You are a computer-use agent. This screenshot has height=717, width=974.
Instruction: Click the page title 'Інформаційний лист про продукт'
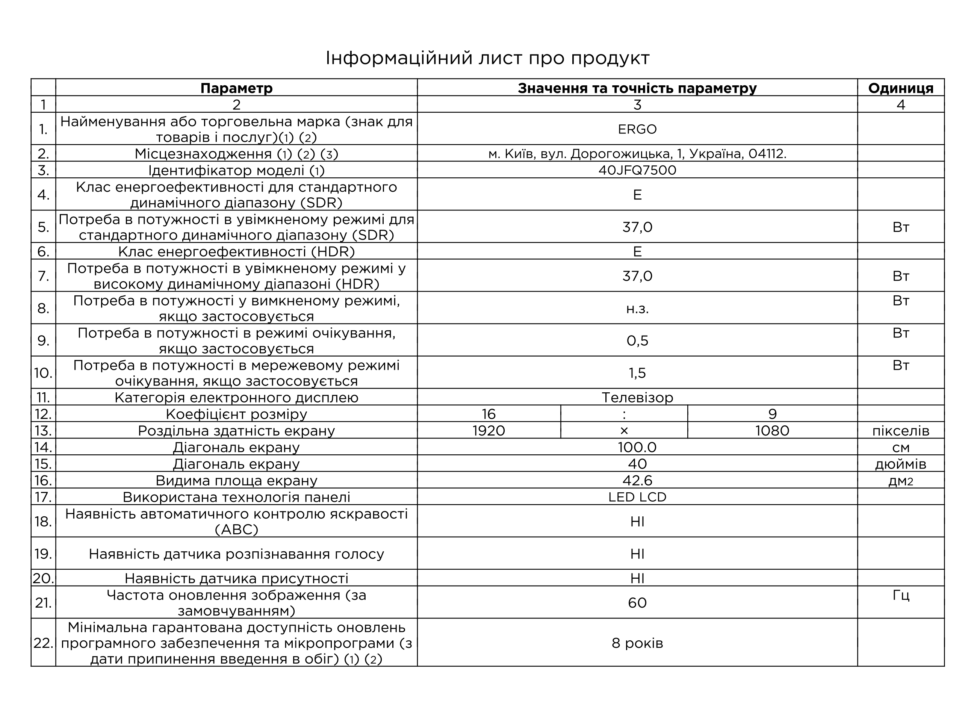click(x=487, y=58)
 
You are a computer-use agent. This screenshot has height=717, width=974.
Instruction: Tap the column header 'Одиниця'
click(x=900, y=88)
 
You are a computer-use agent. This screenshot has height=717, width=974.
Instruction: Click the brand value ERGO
click(x=637, y=129)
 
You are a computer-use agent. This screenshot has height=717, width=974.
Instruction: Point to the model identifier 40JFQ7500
click(x=637, y=170)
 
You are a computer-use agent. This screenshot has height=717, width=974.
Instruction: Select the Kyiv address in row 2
click(x=637, y=154)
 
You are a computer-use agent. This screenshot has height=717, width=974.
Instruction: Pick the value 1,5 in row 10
click(x=637, y=373)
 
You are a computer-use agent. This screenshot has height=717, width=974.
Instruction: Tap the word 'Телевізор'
click(x=637, y=398)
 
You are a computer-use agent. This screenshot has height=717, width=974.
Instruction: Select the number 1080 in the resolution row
click(x=772, y=431)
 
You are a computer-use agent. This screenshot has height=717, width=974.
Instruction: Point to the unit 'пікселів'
click(x=900, y=431)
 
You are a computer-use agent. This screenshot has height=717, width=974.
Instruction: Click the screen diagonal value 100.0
click(x=637, y=447)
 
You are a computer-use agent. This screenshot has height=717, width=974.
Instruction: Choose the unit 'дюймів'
click(x=900, y=464)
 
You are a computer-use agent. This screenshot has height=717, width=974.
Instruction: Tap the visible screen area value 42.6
click(x=637, y=481)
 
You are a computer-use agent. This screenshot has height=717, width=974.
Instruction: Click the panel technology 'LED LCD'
click(x=637, y=497)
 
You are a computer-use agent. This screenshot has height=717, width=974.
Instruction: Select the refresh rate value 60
click(x=637, y=602)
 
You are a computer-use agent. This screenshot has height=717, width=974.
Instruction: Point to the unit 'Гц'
click(x=900, y=595)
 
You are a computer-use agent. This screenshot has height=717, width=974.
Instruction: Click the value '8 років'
click(x=637, y=643)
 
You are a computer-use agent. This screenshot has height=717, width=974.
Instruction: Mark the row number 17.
click(x=43, y=497)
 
